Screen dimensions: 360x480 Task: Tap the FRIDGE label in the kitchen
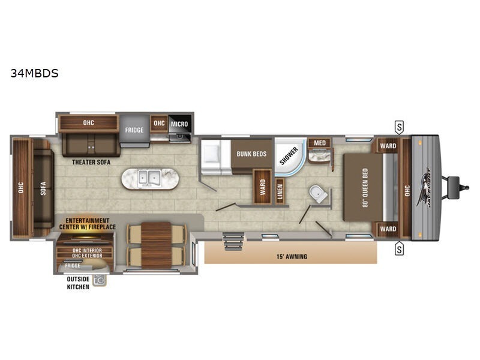click(134, 130)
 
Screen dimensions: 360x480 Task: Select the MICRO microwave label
click(178, 124)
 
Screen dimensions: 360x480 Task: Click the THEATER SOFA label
click(89, 161)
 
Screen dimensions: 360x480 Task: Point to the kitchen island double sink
click(148, 178)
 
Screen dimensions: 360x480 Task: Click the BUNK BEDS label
click(251, 154)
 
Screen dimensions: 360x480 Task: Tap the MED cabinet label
click(320, 143)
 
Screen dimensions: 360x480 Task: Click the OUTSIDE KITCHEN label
click(77, 283)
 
